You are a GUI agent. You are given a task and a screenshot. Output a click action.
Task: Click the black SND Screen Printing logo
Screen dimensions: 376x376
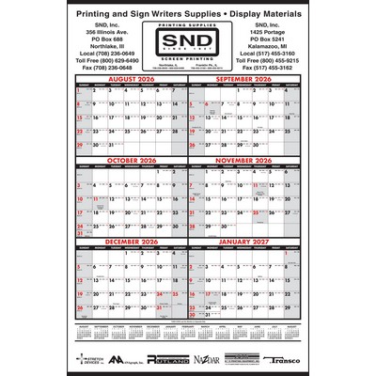[188, 44]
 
